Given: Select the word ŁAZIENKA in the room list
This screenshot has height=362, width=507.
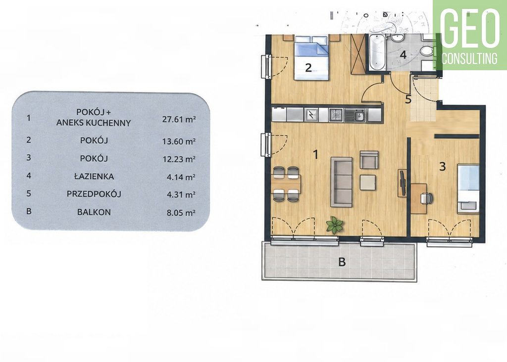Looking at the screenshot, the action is tap(94, 177).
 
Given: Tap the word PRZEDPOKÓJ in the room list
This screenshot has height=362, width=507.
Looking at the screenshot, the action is tap(94, 194).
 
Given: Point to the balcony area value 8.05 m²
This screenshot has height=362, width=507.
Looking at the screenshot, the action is tap(179, 213).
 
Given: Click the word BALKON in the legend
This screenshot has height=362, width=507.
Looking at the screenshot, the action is tap(94, 212).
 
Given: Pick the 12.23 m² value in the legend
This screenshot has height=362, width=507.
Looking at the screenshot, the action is tap(179, 159).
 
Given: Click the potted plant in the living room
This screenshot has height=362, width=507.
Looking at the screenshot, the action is tap(334, 225).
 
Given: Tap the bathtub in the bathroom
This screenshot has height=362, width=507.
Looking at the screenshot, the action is tap(377, 52).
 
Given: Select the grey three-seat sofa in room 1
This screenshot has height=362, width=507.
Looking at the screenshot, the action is tap(341, 182).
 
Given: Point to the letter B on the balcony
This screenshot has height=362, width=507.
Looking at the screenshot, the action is tap(342, 262).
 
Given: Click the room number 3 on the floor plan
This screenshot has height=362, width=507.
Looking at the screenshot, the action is tap(442, 166).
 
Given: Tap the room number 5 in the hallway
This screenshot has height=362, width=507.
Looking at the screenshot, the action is tap(408, 99).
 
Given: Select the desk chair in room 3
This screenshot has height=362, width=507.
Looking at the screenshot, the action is tap(426, 198).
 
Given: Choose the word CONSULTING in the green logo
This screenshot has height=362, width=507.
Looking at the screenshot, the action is tap(469, 58).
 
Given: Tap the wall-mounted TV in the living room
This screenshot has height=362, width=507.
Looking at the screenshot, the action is tap(402, 183).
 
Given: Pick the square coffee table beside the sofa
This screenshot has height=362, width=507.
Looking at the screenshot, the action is tap(368, 182).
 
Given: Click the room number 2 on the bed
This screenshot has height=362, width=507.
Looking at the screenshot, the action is tap(308, 68).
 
